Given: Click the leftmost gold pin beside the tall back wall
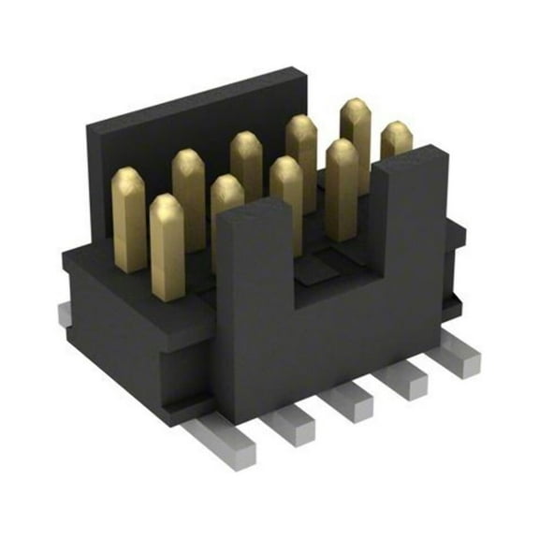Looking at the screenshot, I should [128, 219].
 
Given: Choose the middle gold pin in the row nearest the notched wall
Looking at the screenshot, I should [286, 201].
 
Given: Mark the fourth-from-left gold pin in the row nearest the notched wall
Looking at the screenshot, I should [342, 187].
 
